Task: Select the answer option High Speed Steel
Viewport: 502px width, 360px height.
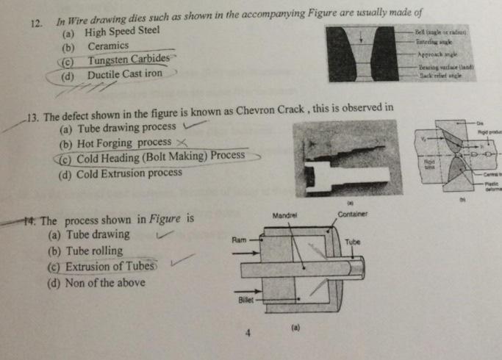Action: [122, 33]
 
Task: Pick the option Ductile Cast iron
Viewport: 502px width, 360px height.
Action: [124, 74]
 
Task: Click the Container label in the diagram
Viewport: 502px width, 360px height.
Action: [352, 214]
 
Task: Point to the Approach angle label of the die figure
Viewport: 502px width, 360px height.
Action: [439, 55]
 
